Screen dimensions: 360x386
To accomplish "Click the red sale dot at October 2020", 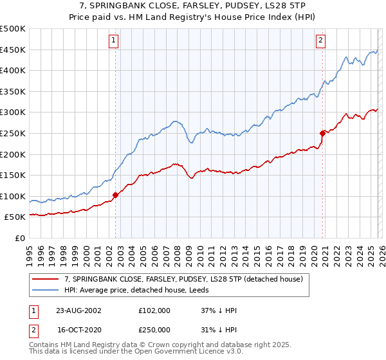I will tap(322, 133).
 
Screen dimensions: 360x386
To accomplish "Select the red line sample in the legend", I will tap(46, 279).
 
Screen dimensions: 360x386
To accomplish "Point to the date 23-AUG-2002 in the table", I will tap(79, 310).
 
